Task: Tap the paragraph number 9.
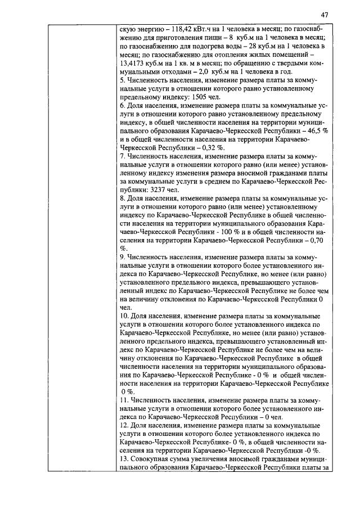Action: coord(123,256)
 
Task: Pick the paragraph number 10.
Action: coord(125,316)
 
